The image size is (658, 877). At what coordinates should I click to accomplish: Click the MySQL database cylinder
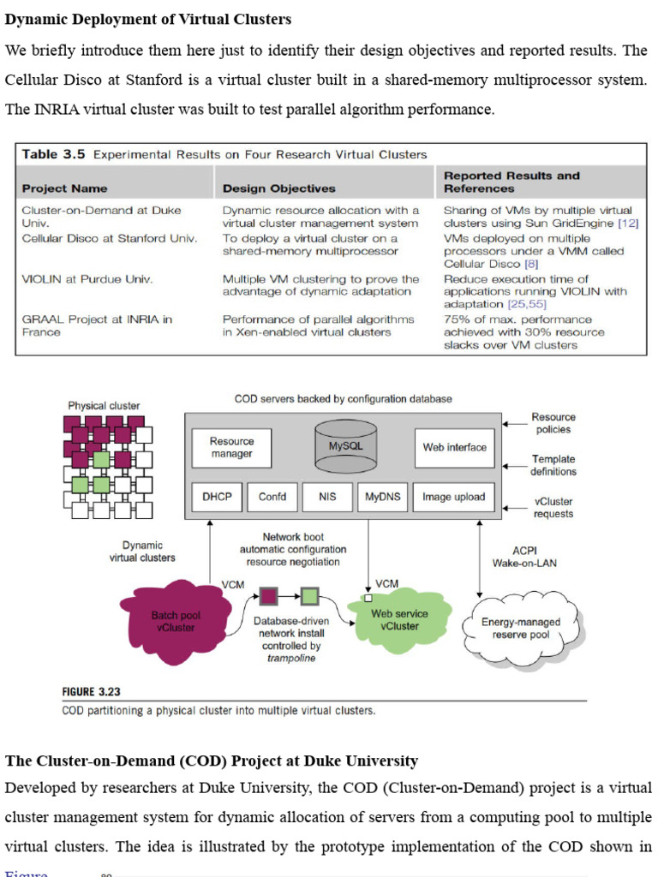click(x=346, y=446)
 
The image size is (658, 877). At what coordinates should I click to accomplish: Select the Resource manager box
click(x=231, y=447)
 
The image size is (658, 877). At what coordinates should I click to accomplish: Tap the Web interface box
click(x=454, y=447)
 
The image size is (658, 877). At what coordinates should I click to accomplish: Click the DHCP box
click(x=217, y=497)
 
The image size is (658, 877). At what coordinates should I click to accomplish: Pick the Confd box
click(x=272, y=497)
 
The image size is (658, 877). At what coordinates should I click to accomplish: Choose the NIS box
click(x=327, y=497)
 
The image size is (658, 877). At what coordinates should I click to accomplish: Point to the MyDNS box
click(x=382, y=497)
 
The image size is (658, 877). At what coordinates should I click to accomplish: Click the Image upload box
click(x=453, y=497)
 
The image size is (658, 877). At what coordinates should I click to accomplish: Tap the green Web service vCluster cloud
click(x=399, y=620)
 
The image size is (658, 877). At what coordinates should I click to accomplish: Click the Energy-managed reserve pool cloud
click(x=520, y=629)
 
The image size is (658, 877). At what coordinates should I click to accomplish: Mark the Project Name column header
click(x=65, y=188)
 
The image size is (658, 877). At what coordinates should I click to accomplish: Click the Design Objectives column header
click(x=279, y=188)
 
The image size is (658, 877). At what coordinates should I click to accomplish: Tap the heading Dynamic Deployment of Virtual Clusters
click(x=148, y=19)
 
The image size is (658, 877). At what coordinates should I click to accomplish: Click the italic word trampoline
click(x=290, y=658)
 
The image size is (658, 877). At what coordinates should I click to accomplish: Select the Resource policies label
click(x=553, y=423)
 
